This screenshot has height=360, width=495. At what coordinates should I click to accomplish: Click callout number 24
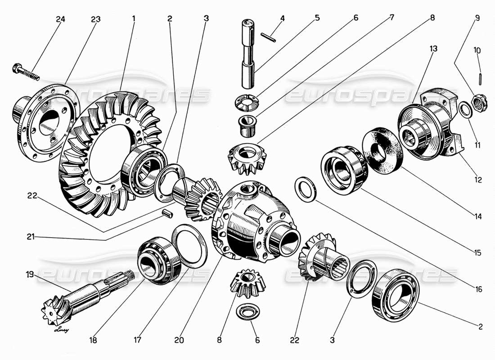(60, 19)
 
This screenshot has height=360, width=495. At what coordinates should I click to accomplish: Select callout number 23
(95, 19)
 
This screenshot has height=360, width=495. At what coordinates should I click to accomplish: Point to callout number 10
(477, 50)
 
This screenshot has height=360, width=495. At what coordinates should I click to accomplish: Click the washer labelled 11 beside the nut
(465, 109)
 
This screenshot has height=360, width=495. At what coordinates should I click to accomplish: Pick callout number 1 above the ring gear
(133, 19)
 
